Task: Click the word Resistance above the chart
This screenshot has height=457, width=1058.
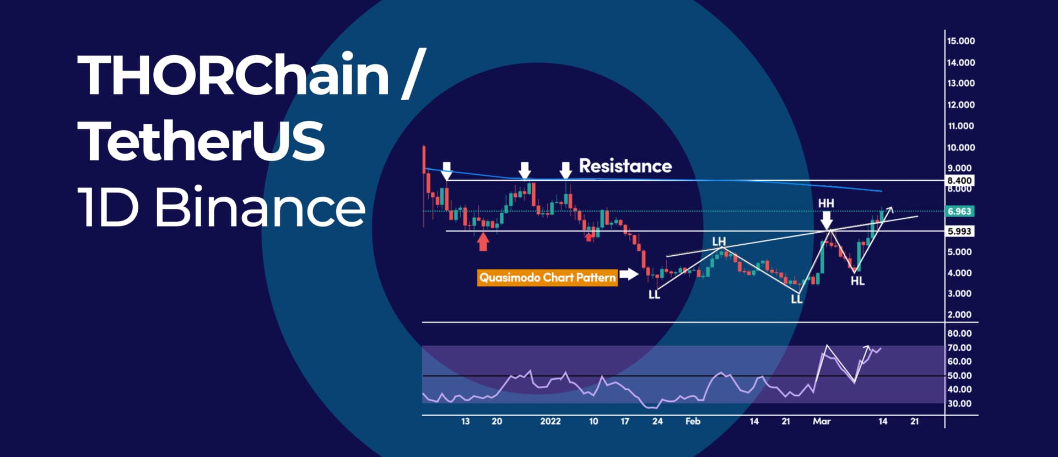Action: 625,166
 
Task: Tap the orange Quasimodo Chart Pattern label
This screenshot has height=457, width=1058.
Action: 547,277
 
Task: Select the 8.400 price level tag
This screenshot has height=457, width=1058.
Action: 959,180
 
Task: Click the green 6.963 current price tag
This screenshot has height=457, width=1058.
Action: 959,211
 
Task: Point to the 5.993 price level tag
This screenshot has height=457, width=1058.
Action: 959,232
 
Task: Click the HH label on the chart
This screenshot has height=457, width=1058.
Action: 826,203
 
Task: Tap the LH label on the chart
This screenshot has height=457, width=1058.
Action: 719,241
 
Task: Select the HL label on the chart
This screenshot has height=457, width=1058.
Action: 857,281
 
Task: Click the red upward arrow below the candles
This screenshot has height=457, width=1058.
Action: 483,241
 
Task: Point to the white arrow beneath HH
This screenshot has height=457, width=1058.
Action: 827,220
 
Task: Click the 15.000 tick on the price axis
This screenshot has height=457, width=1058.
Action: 960,41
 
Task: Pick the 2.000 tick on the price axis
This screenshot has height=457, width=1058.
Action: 959,315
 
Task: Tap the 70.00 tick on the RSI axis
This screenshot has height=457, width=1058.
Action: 959,348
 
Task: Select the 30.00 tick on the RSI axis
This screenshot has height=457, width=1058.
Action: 959,404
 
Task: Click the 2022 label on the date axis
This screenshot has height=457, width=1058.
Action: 550,421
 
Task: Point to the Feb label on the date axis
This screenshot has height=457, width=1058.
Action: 693,421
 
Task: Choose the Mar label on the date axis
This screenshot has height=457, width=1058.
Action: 822,421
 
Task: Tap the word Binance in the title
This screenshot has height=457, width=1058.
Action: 260,207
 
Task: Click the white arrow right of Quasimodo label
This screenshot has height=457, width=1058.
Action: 629,274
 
